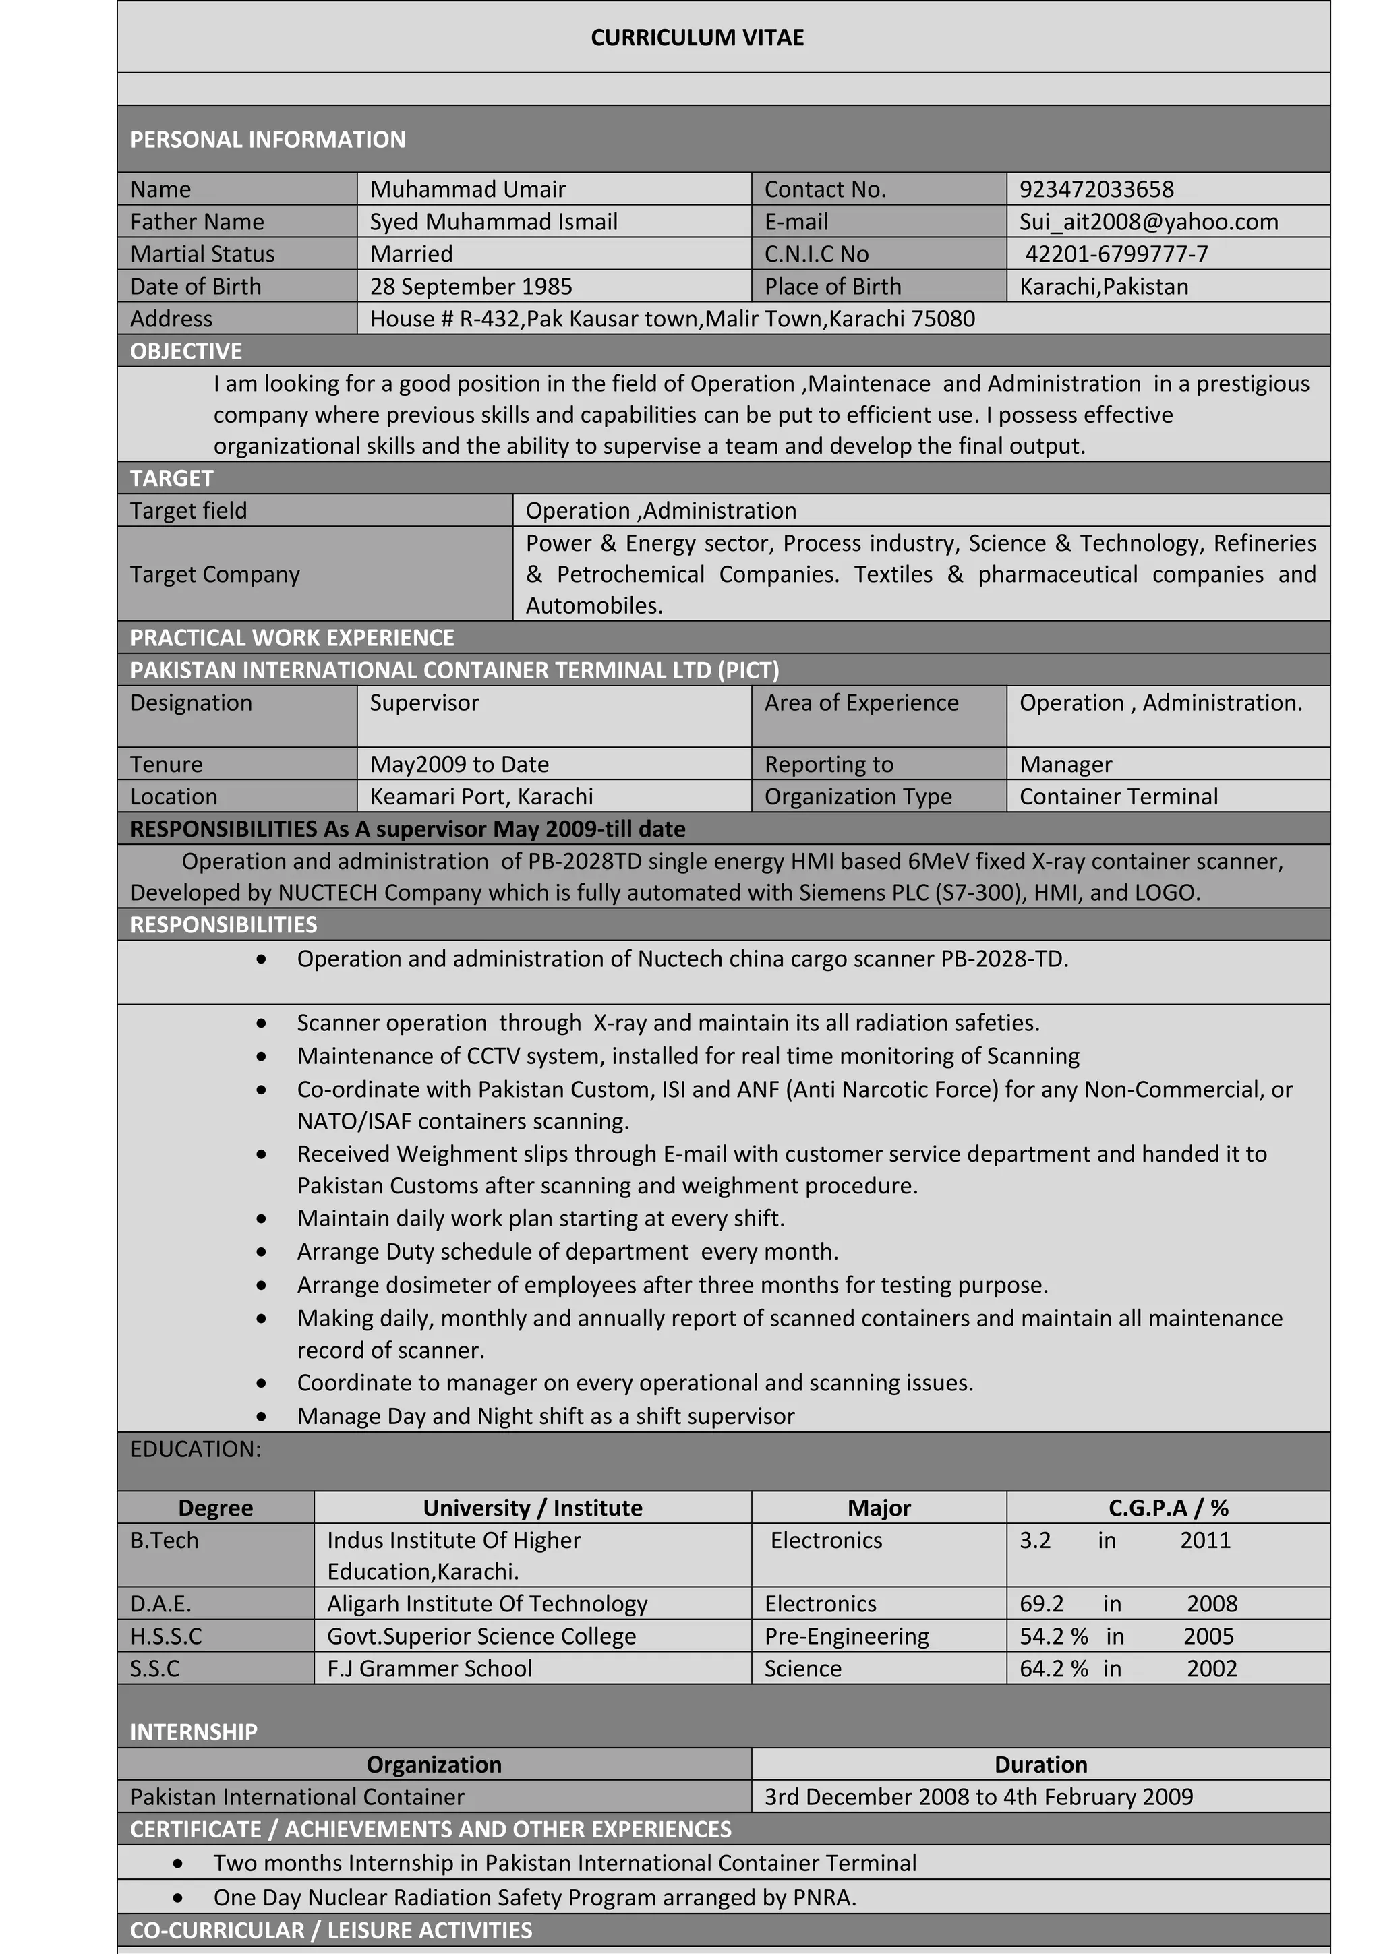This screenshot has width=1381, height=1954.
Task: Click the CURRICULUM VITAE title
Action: pyautogui.click(x=697, y=38)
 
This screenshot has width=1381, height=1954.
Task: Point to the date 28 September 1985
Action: pyautogui.click(x=471, y=287)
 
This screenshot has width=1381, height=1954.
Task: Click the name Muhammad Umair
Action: pyautogui.click(x=467, y=189)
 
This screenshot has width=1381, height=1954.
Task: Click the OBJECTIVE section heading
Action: pyautogui.click(x=186, y=351)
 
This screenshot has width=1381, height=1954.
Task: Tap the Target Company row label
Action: pyautogui.click(x=215, y=574)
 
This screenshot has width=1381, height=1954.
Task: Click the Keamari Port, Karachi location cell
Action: pyautogui.click(x=481, y=796)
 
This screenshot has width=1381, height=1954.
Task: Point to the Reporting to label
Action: pyautogui.click(x=828, y=764)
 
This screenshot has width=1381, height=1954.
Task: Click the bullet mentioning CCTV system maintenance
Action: pyautogui.click(x=688, y=1056)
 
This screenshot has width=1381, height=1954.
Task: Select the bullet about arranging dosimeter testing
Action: pyautogui.click(x=672, y=1284)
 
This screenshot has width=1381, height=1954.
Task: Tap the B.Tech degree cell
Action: pyautogui.click(x=165, y=1541)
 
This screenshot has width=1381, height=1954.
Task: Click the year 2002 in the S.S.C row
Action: pyautogui.click(x=1211, y=1669)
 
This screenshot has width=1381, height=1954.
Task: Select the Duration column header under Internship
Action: pyautogui.click(x=1040, y=1765)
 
